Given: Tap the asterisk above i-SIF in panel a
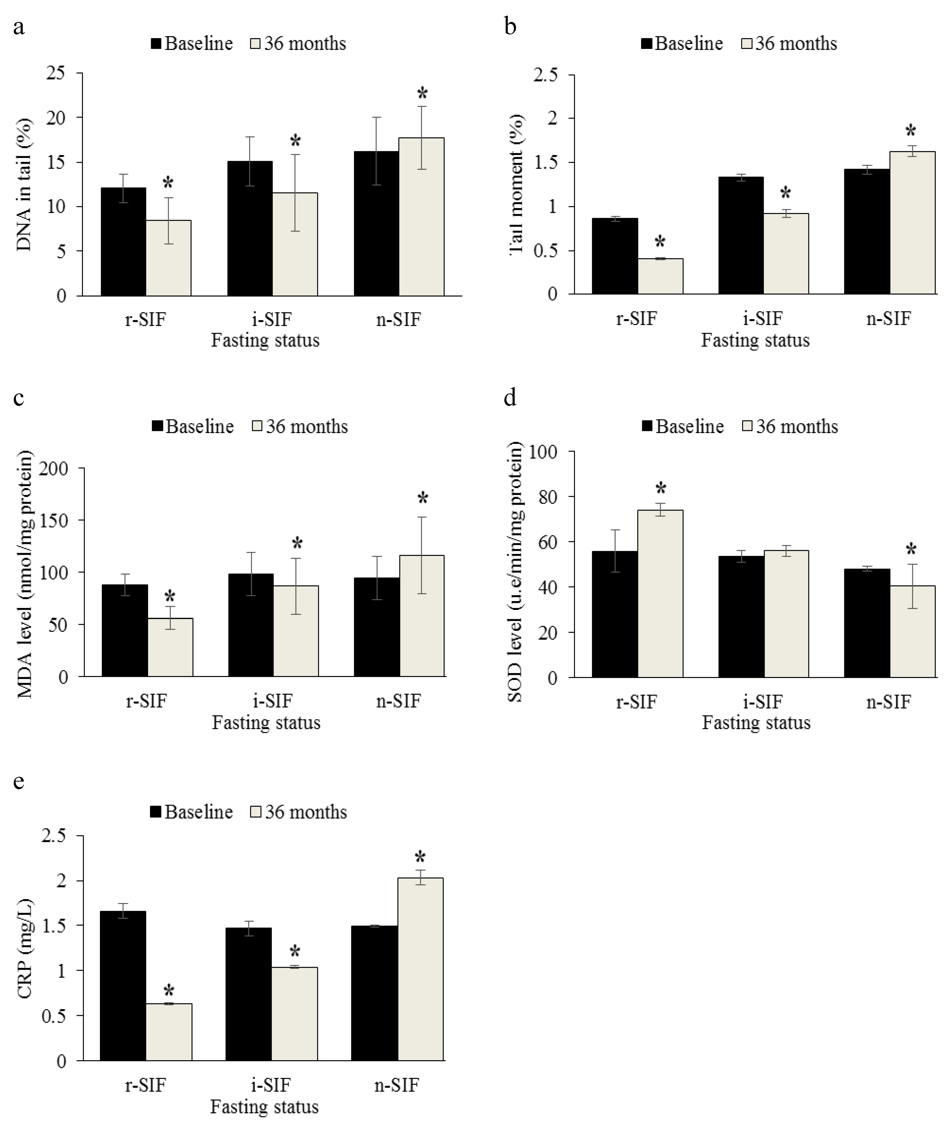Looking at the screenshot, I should tap(295, 142).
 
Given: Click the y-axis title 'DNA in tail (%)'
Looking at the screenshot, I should tap(24, 185).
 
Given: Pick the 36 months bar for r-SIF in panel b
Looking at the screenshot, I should tap(660, 276).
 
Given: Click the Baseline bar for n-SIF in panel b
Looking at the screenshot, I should tap(866, 232).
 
